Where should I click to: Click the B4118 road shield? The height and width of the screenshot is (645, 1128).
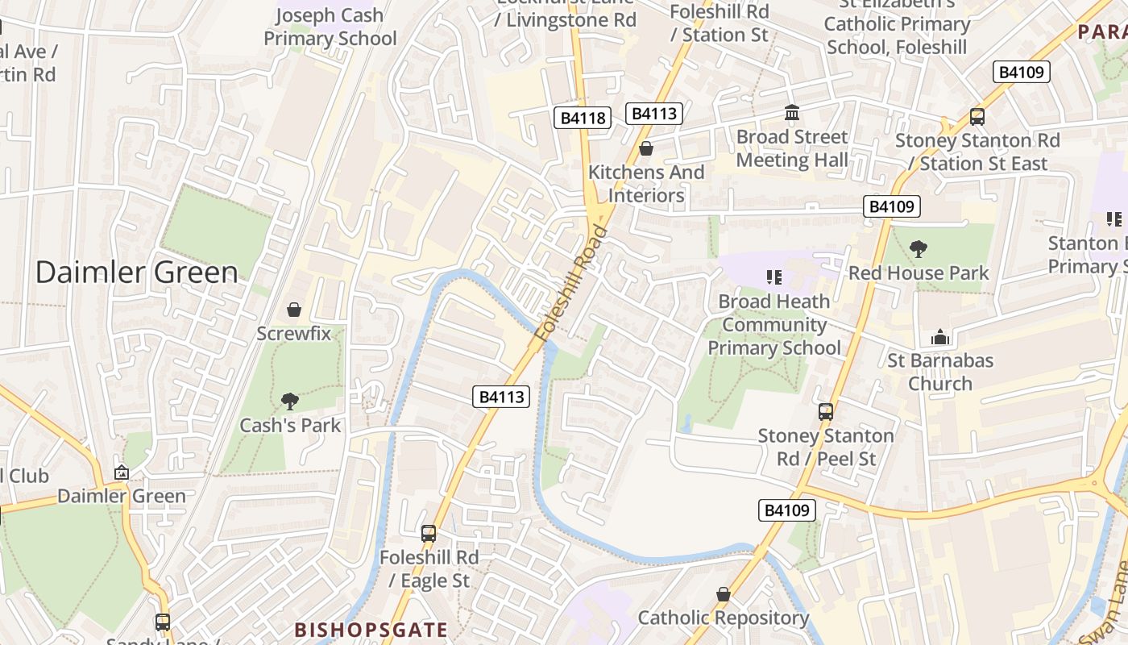[x=583, y=119]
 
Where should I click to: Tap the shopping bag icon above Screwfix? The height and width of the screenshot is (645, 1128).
[x=294, y=310]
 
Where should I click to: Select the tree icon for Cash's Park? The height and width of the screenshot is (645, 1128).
[x=289, y=401]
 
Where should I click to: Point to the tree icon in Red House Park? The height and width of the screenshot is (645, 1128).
[x=918, y=249]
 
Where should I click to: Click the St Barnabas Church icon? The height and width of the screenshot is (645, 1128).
[x=939, y=337]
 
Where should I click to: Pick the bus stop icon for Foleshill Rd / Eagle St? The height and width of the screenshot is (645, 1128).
[x=429, y=533]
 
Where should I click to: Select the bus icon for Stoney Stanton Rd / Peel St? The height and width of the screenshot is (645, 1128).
[x=825, y=412]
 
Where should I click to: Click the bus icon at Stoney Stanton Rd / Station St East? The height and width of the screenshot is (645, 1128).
[x=977, y=116]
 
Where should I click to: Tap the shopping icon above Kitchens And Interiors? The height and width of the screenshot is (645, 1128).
[x=645, y=148]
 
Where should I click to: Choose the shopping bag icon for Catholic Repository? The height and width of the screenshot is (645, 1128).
[x=723, y=594]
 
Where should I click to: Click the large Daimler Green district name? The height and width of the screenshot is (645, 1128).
[x=137, y=273]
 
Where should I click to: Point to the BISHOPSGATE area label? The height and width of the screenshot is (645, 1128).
[x=371, y=630]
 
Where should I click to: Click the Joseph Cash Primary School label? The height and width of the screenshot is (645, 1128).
[x=330, y=27]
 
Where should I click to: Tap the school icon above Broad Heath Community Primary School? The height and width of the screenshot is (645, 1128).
[x=774, y=277]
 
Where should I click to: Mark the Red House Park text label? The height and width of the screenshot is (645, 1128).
[x=919, y=273]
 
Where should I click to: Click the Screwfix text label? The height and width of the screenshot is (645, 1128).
[x=294, y=333]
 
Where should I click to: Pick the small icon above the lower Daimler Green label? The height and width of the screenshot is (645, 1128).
[x=122, y=472]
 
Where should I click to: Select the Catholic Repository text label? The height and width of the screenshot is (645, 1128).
[x=723, y=618]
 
